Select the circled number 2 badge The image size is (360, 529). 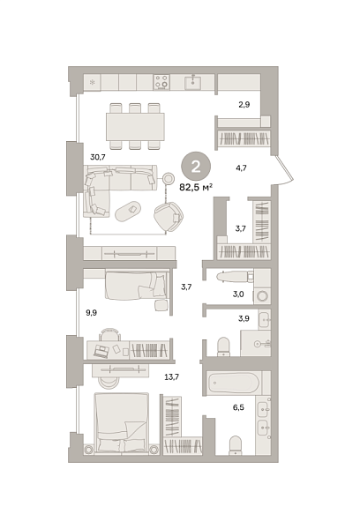(196, 166)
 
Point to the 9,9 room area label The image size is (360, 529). (92, 312)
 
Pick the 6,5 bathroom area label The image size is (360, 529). (239, 407)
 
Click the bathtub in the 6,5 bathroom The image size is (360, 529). (233, 384)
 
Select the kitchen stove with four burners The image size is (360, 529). (162, 82)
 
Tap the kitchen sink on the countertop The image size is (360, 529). (194, 82)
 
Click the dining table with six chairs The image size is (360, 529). (135, 126)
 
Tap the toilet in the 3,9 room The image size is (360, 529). (221, 344)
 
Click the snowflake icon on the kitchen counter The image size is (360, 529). (92, 82)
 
